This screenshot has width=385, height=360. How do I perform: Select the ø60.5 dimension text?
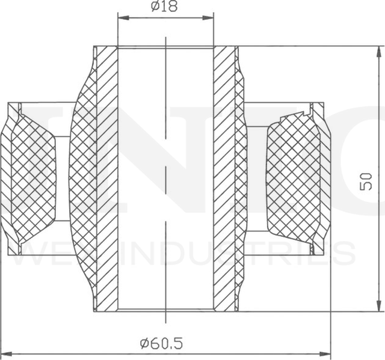pos(161,344)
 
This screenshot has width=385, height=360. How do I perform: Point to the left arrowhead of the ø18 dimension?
pos(121,17)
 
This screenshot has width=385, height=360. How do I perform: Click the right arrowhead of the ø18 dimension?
pos(209,17)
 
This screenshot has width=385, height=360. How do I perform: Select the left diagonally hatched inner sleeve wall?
pos(107,180)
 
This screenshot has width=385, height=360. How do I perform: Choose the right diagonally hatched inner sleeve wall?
pos(224,180)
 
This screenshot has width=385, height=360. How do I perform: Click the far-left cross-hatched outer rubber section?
pos(30,180)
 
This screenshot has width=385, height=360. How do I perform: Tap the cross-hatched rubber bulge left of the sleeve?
pos(83,180)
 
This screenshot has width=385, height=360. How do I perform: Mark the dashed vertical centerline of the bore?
pos(165,180)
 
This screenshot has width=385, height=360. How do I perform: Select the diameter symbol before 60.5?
pos(144,344)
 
